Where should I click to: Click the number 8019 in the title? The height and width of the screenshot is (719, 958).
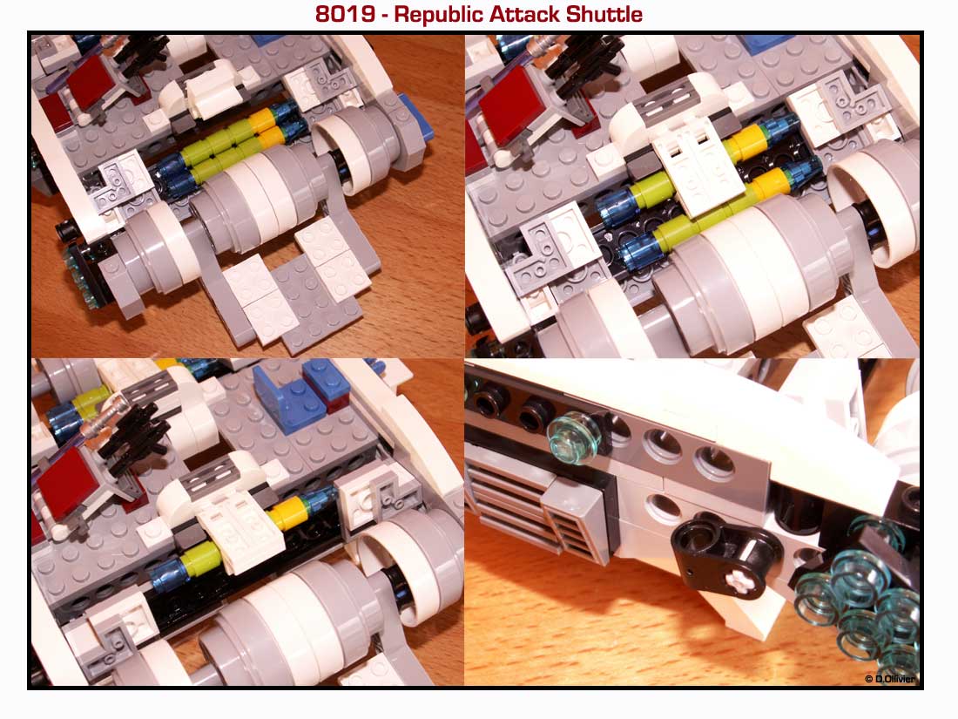[x=345, y=14]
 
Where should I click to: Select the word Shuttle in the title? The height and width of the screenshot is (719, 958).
[x=604, y=14]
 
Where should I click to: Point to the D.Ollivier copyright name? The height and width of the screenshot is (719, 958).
[x=894, y=679]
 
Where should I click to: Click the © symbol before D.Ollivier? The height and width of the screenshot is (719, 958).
[x=869, y=679]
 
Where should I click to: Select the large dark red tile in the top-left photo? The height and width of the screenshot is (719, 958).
[x=91, y=83]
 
